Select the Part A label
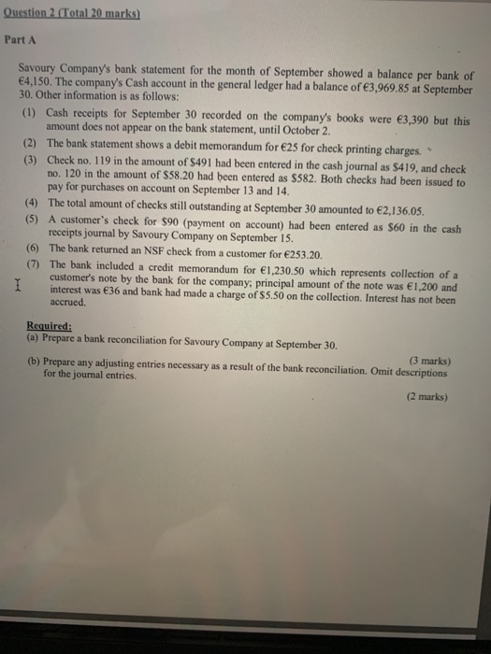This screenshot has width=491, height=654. tap(21, 41)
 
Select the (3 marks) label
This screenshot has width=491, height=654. tap(425, 360)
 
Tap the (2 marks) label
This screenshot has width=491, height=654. tap(425, 396)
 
